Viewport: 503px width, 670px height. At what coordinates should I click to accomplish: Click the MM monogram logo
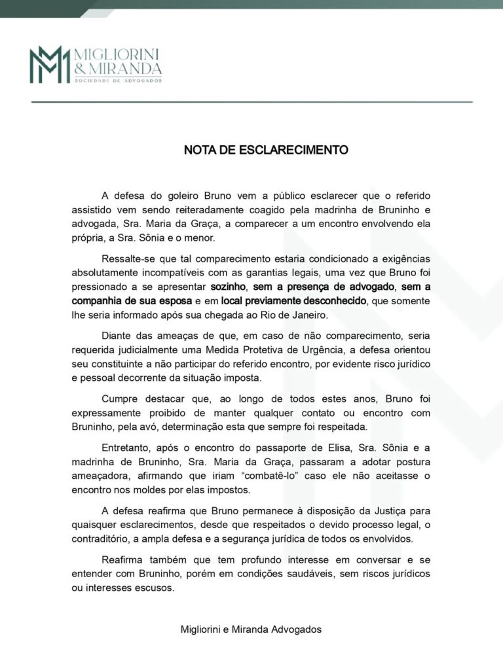tap(49, 64)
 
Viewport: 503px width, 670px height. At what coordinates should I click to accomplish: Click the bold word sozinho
tap(227, 287)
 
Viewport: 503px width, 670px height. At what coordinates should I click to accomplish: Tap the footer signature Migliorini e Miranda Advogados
tap(251, 629)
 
